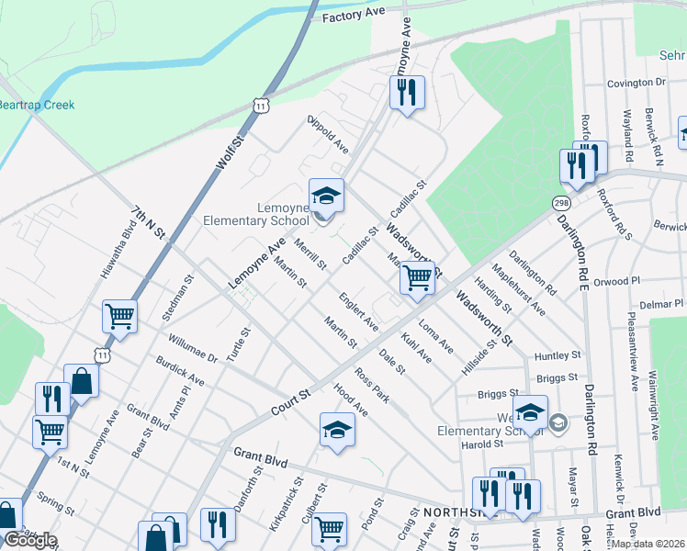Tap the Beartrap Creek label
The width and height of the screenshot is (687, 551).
[37, 105]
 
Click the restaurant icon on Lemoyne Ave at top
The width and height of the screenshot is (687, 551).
[407, 92]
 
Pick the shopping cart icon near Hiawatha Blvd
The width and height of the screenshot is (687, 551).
[120, 317]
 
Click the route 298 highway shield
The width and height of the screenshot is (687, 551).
[561, 202]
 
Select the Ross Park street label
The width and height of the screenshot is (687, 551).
[373, 387]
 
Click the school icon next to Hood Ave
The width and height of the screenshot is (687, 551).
[337, 429]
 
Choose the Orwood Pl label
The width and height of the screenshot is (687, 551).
[616, 282]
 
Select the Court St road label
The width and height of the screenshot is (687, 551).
[291, 402]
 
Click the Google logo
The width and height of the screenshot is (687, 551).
[29, 540]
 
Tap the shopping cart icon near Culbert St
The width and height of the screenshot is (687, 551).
[329, 528]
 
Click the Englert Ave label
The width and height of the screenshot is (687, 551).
[358, 311]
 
